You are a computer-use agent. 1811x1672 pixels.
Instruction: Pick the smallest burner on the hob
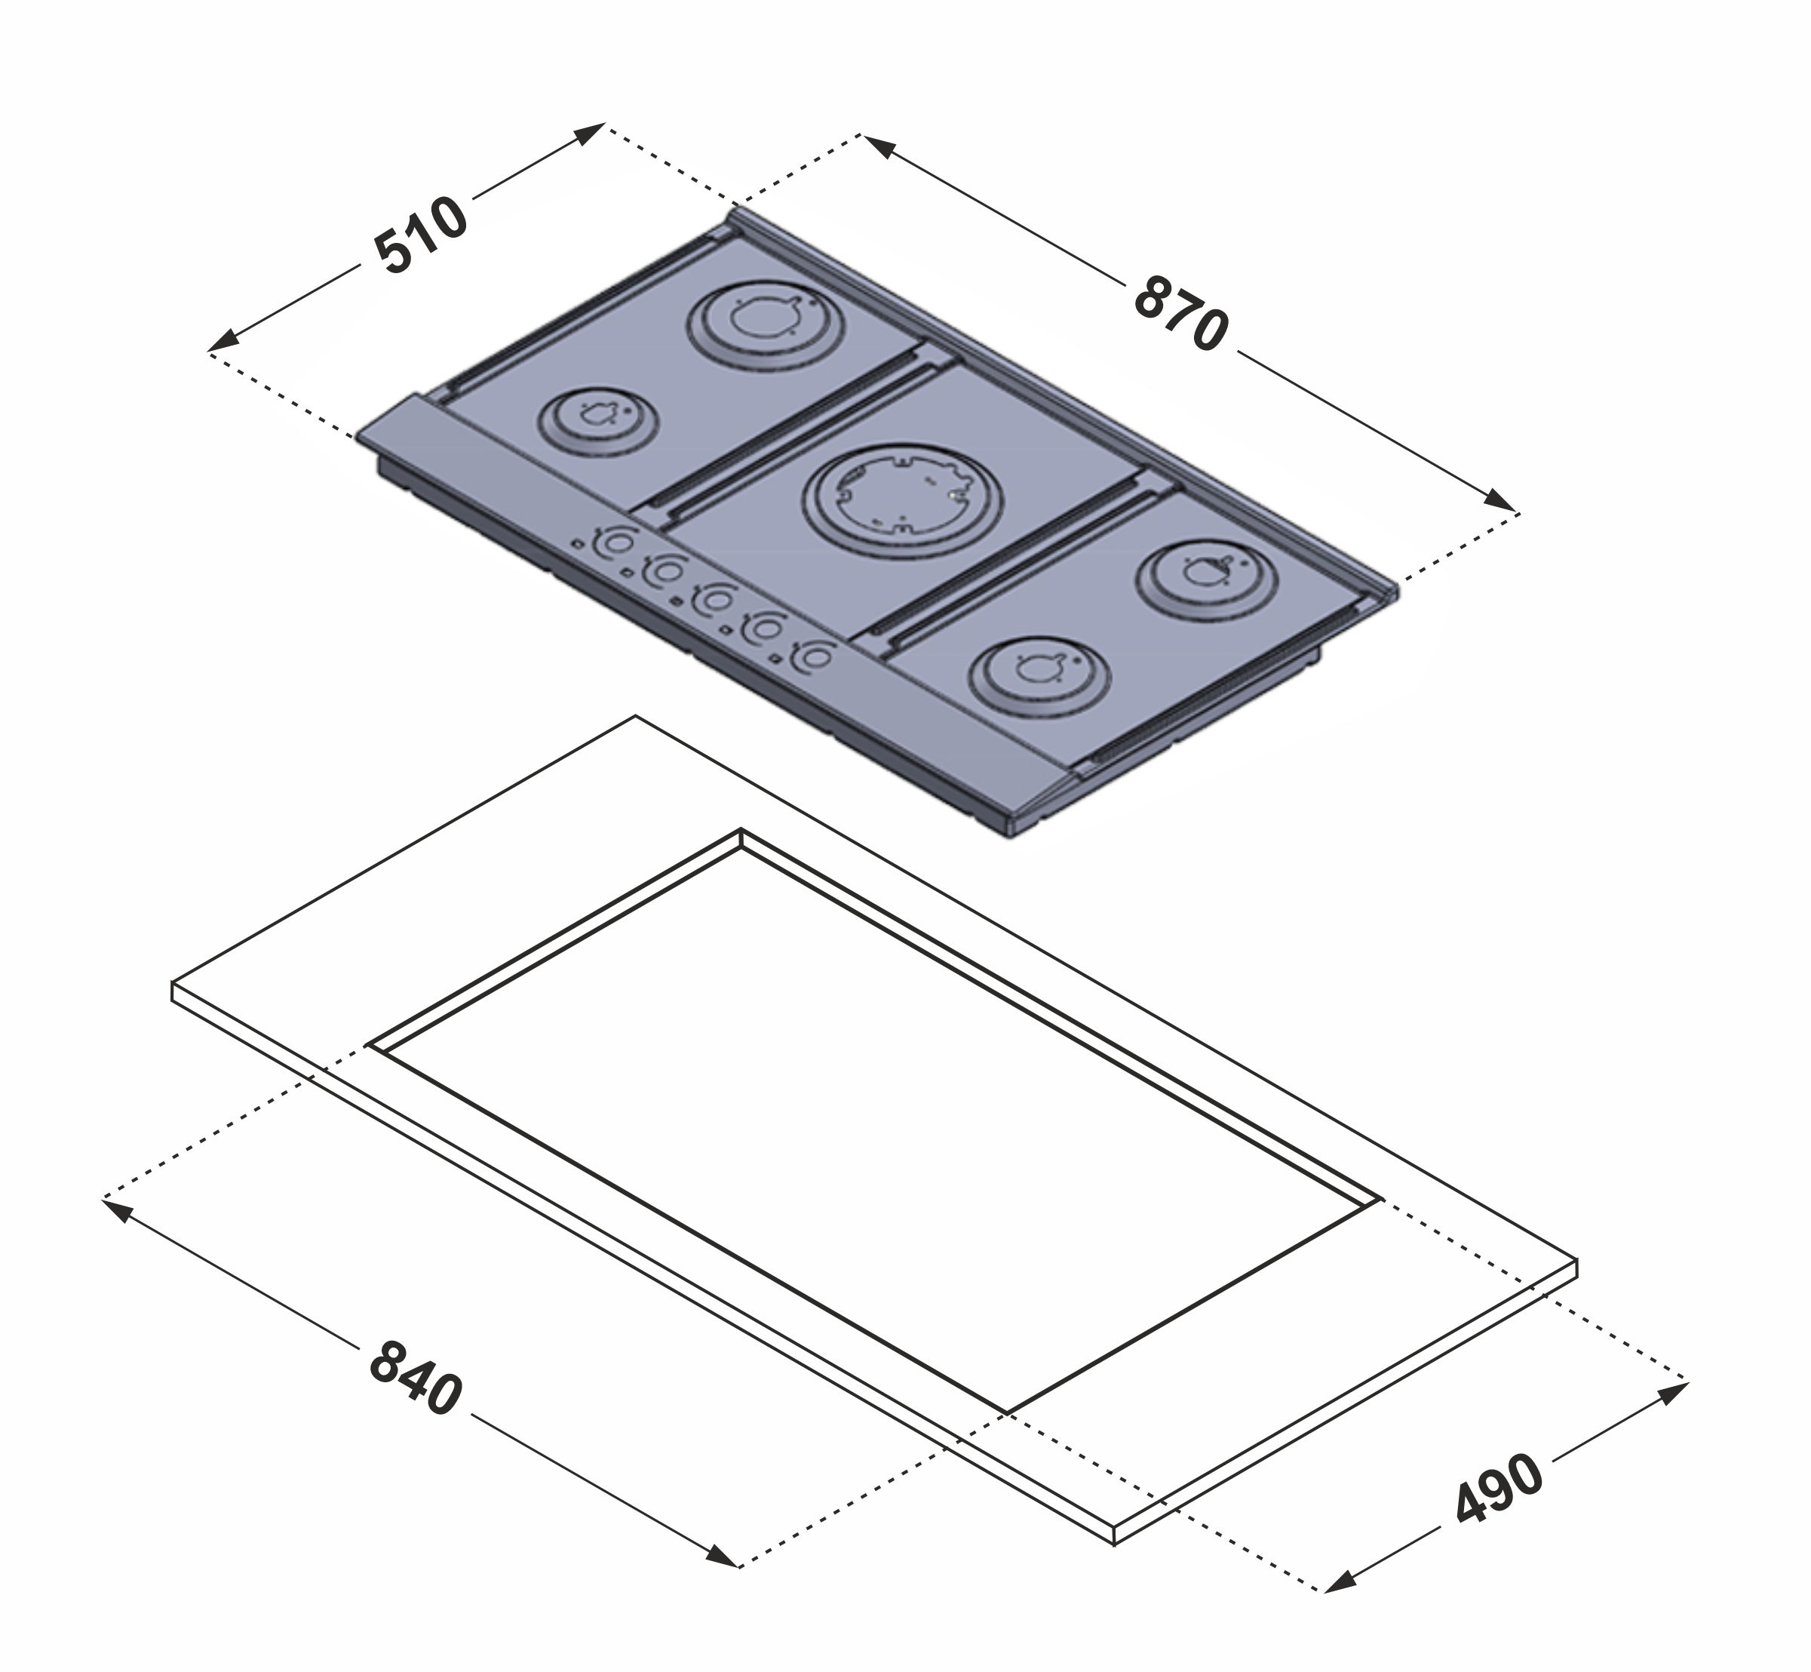point(599,423)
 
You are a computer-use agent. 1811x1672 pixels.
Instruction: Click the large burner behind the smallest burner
point(766,326)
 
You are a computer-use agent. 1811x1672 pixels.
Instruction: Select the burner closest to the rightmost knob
point(1039,676)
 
